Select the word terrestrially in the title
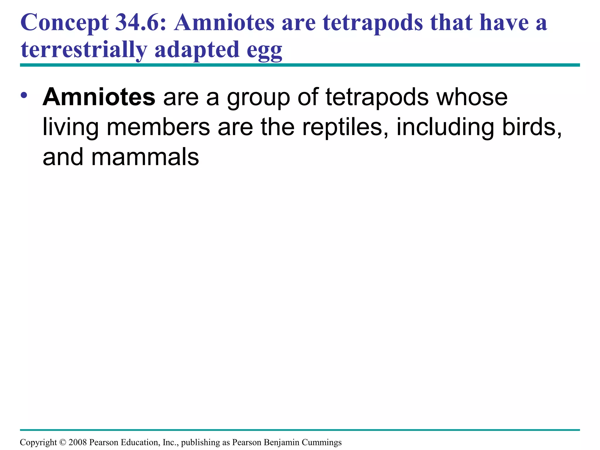click(83, 49)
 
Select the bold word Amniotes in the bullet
click(99, 97)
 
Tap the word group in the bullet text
click(258, 98)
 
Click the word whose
click(472, 97)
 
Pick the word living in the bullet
click(70, 128)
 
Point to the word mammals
click(145, 157)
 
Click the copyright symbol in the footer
click(63, 442)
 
